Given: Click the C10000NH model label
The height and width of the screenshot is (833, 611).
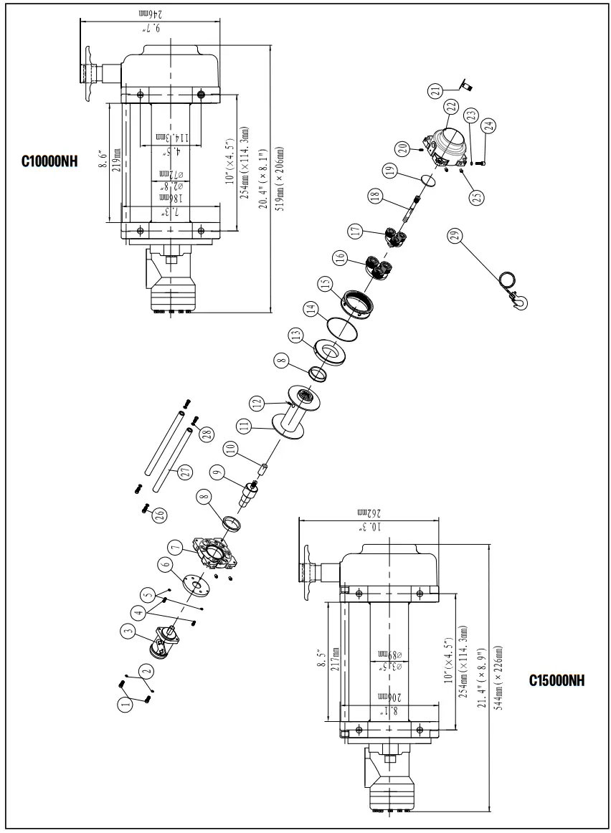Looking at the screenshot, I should click(x=49, y=161).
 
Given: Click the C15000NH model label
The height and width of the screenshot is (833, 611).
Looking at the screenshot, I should click(x=556, y=680).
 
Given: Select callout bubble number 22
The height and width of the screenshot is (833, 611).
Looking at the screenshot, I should click(x=450, y=105).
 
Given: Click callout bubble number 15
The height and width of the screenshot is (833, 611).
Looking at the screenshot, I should click(x=326, y=285).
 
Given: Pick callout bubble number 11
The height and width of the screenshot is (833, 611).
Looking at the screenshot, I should click(x=245, y=425).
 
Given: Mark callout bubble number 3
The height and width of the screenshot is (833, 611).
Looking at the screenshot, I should click(x=128, y=632).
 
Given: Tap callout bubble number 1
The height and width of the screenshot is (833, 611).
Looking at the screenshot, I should click(x=125, y=704).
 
